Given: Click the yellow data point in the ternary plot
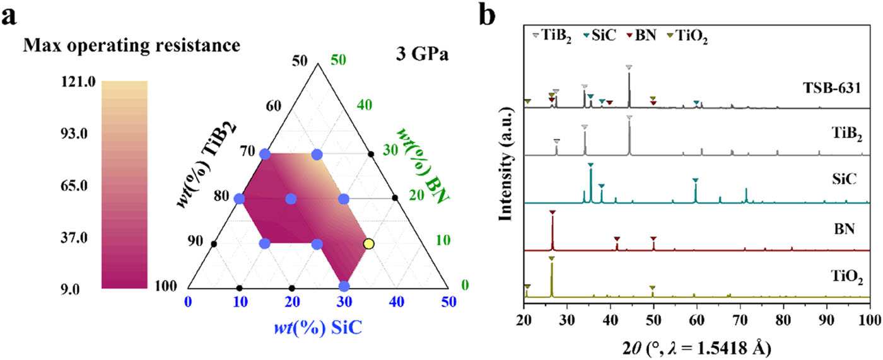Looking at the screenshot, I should (369, 243).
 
